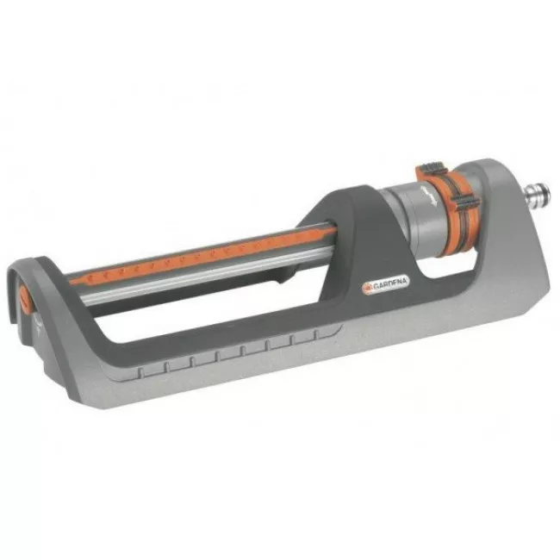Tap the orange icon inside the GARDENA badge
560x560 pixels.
pyautogui.click(x=368, y=289)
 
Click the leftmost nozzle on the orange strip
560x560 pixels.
pyautogui.click(x=91, y=277)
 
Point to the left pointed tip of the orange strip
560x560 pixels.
pyautogui.click(x=70, y=282)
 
